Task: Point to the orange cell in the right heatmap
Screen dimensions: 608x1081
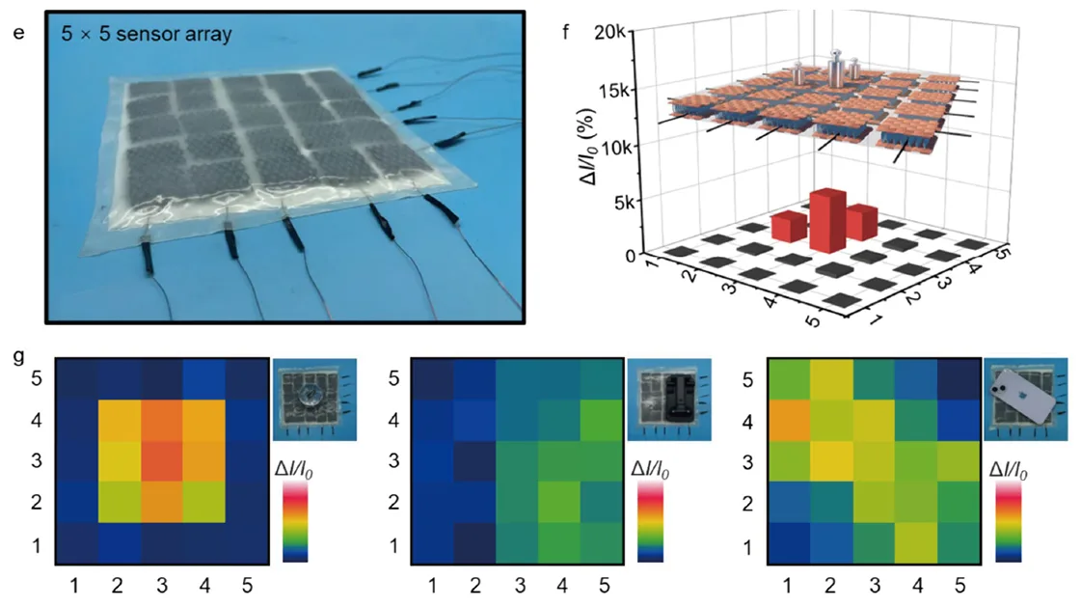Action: pos(789,422)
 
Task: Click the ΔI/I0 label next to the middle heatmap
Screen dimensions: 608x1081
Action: pos(652,467)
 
